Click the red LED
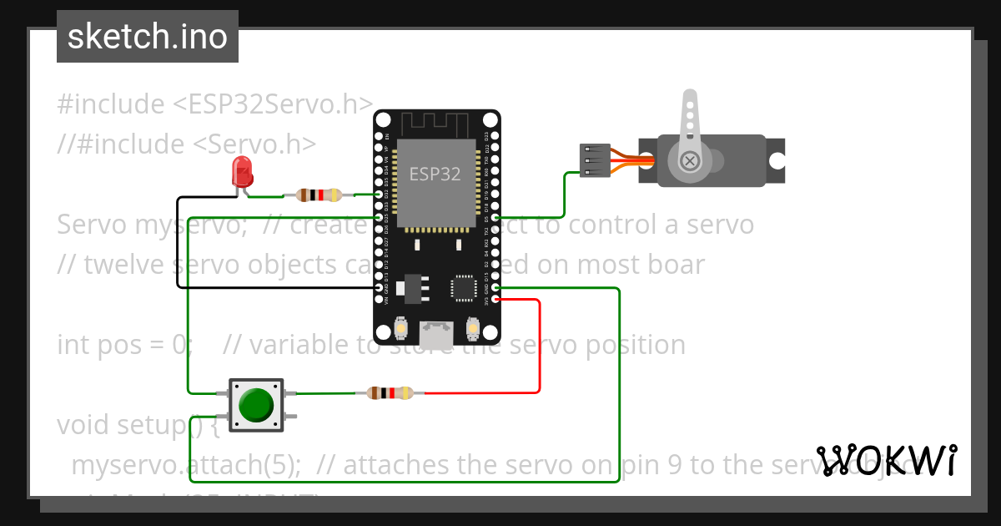(x=242, y=172)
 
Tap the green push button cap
(x=255, y=404)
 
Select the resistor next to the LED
(x=312, y=195)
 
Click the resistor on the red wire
(x=390, y=392)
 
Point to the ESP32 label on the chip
(x=434, y=174)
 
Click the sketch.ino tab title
(x=148, y=37)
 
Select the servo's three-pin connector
(x=591, y=161)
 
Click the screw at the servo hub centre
(x=690, y=160)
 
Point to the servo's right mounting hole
(x=777, y=160)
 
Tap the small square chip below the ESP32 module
(x=463, y=287)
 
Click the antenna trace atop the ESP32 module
(x=437, y=126)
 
